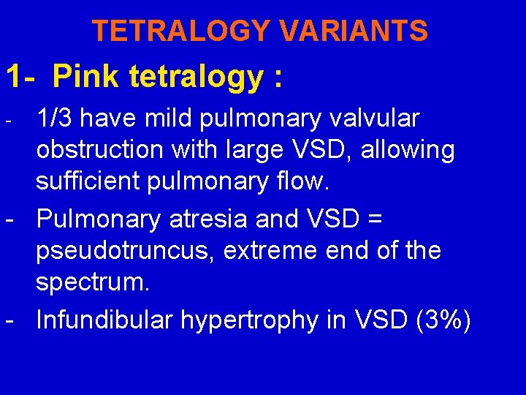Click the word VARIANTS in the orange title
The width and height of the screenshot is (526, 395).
click(x=355, y=31)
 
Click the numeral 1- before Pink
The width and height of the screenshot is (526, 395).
click(x=23, y=75)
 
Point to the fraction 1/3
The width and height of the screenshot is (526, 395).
click(x=56, y=118)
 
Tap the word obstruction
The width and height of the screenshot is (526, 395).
click(x=102, y=151)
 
